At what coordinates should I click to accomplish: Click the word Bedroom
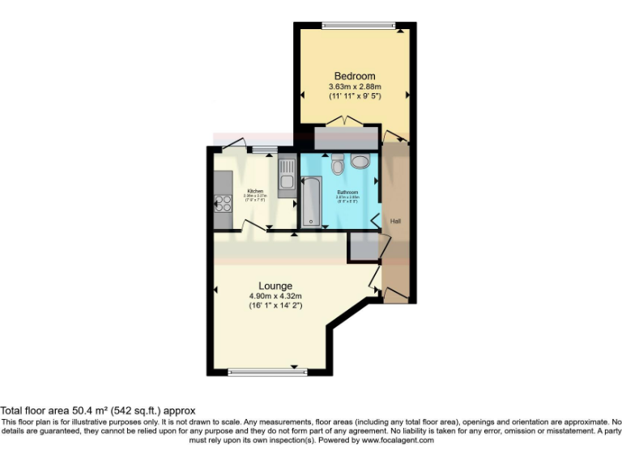click(x=354, y=76)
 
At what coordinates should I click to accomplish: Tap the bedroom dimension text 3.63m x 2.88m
click(x=354, y=87)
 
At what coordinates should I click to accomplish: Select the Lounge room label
click(x=275, y=286)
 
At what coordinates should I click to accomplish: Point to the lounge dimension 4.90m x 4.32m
click(x=275, y=296)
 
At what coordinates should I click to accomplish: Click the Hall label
click(x=396, y=221)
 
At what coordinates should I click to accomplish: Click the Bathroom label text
click(x=347, y=192)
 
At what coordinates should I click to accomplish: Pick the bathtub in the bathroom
click(x=310, y=202)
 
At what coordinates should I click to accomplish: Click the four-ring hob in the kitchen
click(x=223, y=203)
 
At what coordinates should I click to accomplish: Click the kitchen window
click(x=262, y=150)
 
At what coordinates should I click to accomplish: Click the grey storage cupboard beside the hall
click(x=364, y=247)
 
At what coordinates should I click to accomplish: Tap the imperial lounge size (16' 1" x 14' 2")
click(x=275, y=306)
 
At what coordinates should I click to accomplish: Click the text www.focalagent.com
click(x=397, y=441)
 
